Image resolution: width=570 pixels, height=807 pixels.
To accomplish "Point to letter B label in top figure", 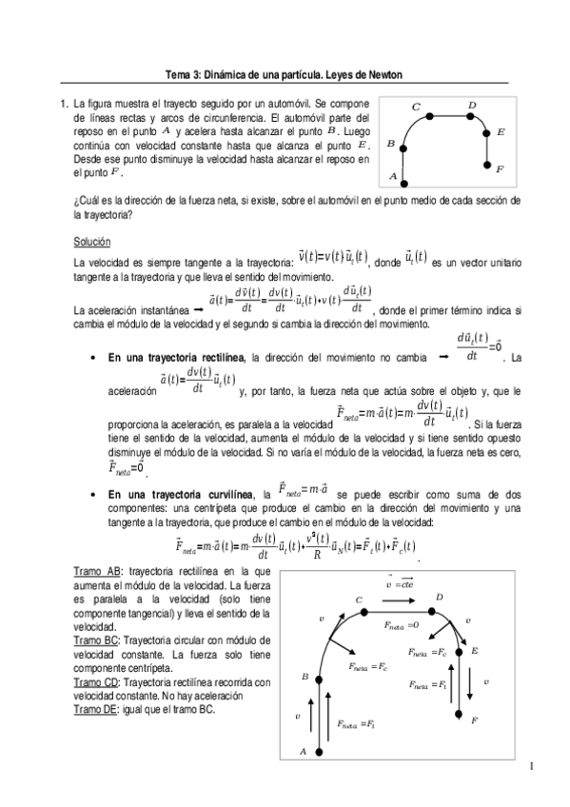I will (x=390, y=144).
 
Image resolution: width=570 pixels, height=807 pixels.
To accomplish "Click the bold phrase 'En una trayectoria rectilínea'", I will (x=177, y=357).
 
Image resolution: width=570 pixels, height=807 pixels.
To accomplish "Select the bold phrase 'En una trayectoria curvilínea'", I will (x=177, y=495).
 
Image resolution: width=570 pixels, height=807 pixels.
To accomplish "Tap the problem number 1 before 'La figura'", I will (x=63, y=102).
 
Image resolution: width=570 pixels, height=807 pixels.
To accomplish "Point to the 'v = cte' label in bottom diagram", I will (x=394, y=584).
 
